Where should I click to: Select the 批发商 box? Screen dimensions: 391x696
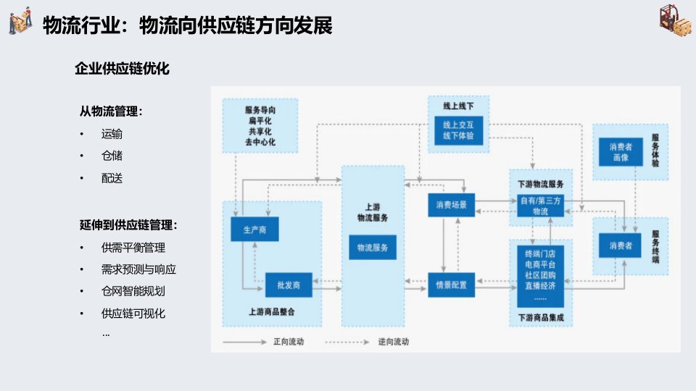pos(283,285)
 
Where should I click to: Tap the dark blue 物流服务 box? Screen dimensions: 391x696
pos(373,248)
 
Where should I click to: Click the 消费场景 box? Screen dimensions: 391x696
pos(451,206)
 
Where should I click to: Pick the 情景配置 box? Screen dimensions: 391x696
pos(451,285)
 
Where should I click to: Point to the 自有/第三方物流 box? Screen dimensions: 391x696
pos(540,206)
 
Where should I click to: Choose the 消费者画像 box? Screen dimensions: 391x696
pos(615,151)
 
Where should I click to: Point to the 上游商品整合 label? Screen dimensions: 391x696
pos(271,312)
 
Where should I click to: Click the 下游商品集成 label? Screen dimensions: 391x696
pos(540,317)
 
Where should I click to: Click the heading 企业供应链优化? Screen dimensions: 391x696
pos(122,69)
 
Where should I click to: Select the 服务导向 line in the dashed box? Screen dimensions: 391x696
pos(260,110)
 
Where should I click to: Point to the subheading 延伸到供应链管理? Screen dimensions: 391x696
pos(128,225)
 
